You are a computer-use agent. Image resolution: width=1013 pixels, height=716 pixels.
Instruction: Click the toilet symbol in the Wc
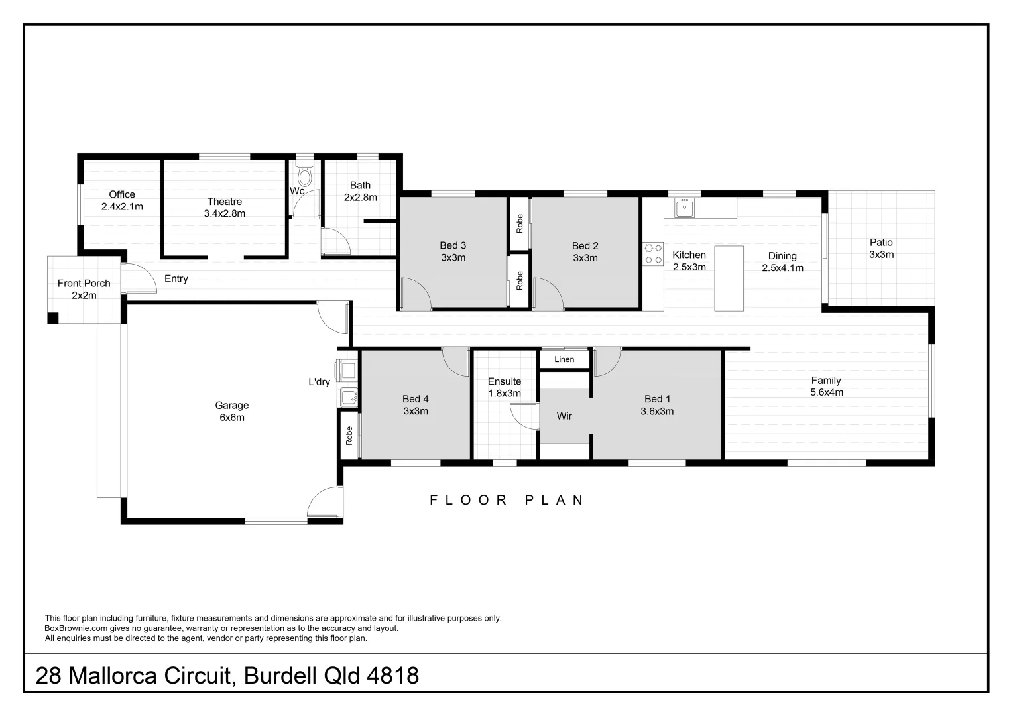(304, 176)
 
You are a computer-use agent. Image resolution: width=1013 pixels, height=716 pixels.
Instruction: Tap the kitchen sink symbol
(684, 208)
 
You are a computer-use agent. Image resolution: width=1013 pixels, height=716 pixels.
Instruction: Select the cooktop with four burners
(653, 255)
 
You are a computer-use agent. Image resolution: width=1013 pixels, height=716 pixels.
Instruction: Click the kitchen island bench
(729, 278)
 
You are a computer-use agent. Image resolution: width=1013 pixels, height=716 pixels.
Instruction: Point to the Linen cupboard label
(564, 359)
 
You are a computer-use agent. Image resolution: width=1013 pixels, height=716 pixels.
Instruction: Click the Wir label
(564, 416)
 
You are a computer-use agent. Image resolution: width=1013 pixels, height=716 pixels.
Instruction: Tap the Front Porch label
(84, 289)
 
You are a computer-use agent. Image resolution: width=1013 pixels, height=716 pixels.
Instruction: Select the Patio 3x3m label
(881, 249)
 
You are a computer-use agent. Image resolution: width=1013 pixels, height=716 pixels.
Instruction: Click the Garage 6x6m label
(231, 411)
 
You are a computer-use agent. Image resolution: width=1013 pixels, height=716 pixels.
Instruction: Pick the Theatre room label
(225, 208)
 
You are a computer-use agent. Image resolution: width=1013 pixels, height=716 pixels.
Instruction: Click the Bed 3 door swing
(416, 294)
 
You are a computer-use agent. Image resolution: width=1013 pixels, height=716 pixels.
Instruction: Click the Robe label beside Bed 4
(349, 435)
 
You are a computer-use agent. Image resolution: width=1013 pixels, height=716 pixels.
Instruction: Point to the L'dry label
(319, 382)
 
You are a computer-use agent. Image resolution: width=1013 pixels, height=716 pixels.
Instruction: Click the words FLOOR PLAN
(507, 500)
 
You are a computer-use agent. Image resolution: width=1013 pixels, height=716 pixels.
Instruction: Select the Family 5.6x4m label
(826, 386)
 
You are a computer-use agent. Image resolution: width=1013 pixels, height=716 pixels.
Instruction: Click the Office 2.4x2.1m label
(122, 200)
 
